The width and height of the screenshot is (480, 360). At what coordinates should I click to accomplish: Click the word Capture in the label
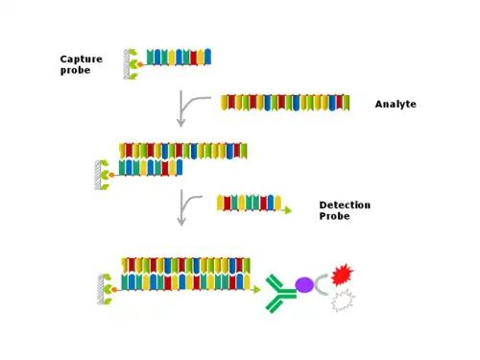[82, 60]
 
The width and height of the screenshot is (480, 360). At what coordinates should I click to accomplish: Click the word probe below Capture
[75, 70]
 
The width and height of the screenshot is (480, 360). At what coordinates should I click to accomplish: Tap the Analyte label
[396, 105]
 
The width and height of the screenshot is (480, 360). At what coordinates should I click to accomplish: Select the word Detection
[345, 204]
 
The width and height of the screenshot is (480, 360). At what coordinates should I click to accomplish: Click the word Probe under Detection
[334, 216]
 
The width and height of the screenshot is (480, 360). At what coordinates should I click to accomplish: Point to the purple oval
[304, 285]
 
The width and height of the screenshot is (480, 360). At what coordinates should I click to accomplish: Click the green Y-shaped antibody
[279, 293]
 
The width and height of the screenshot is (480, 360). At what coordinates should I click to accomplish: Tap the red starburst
[342, 275]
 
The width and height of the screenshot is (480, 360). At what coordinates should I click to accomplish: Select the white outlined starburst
[343, 300]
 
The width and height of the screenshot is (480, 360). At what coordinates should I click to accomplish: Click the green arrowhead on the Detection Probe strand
[288, 210]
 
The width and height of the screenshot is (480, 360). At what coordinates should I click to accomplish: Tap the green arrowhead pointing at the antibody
[256, 290]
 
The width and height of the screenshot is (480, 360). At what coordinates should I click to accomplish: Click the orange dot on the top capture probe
[140, 64]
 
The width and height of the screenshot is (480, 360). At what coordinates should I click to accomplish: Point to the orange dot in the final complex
[114, 290]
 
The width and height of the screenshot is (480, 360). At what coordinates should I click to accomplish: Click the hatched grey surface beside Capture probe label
[127, 64]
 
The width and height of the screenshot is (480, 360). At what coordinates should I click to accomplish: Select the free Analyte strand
[285, 103]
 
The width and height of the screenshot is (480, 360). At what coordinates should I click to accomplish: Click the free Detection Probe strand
[250, 203]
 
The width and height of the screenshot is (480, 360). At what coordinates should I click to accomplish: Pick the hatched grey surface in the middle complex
[98, 175]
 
